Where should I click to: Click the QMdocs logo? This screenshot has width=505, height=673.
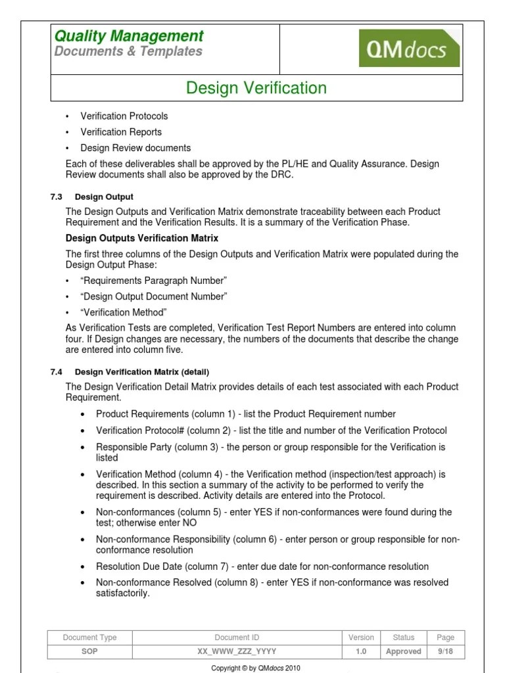point(409,48)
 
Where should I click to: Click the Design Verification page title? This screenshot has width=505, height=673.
point(256,88)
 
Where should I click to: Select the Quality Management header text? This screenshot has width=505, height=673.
point(129,36)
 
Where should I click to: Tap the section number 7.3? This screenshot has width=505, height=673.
point(56,197)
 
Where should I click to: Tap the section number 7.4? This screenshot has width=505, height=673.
point(56,372)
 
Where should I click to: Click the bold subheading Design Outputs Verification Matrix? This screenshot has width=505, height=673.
point(142,238)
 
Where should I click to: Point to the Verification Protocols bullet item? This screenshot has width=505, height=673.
point(124,116)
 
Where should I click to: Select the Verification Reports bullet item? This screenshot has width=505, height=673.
point(120,132)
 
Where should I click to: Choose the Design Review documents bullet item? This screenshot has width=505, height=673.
point(135,148)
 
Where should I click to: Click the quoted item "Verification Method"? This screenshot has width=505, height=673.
point(124,312)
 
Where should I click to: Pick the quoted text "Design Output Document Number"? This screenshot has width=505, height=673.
point(154,296)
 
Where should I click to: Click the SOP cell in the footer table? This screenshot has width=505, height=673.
point(90,651)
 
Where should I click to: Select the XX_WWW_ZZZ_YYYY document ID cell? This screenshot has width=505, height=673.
point(237,651)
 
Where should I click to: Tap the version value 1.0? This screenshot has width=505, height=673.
point(361,651)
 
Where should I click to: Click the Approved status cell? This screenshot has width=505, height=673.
point(404,651)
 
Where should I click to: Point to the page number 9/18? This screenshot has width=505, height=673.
point(445,651)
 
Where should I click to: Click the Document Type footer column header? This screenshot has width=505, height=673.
point(90,638)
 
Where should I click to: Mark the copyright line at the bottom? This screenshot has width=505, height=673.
point(255,668)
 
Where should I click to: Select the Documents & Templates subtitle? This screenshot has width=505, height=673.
point(128,52)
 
